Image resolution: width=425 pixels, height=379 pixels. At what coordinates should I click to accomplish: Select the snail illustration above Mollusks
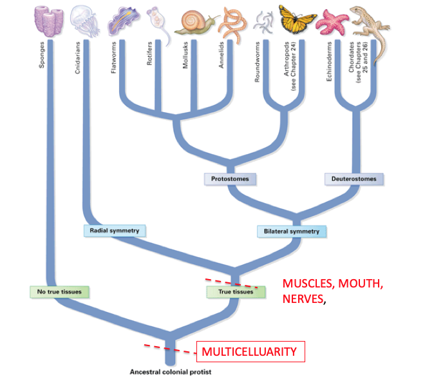[196, 21]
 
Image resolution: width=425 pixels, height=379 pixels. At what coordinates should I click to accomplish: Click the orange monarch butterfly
[297, 20]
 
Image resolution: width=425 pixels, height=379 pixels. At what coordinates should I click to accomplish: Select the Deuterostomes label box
[354, 179]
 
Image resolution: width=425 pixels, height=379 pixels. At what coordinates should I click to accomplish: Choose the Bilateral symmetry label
[291, 231]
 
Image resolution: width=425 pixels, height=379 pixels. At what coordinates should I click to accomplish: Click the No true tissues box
[59, 291]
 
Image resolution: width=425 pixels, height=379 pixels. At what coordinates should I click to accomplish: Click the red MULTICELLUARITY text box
[249, 352]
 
